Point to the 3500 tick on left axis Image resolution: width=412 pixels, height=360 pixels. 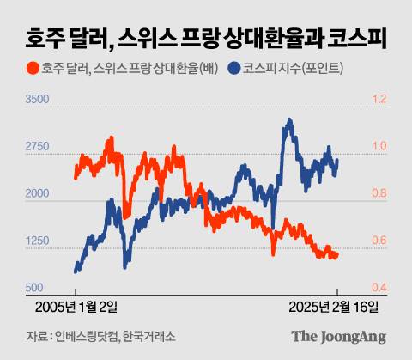(x=38, y=101)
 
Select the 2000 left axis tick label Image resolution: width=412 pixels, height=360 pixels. (x=38, y=194)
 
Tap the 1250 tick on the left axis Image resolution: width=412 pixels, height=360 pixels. (x=38, y=241)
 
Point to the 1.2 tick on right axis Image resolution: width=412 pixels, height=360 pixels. (x=379, y=101)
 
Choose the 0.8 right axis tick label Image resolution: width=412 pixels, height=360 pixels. (x=379, y=194)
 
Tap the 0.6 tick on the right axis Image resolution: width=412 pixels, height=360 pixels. (x=379, y=241)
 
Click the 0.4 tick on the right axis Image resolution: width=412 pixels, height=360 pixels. (x=379, y=288)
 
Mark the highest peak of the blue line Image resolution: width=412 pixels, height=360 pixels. (x=286, y=120)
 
